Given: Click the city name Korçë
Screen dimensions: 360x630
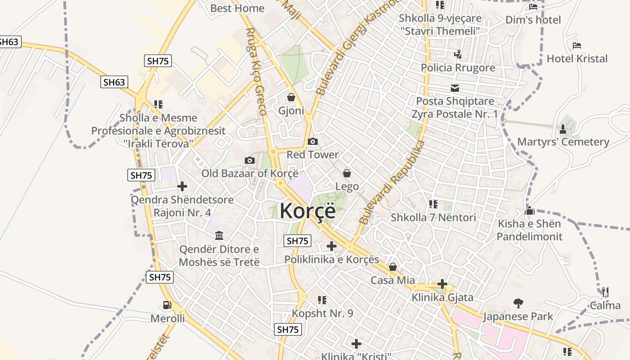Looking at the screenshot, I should [x=308, y=211].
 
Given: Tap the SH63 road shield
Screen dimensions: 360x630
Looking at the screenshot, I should [x=114, y=82].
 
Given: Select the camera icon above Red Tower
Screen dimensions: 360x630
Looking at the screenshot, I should [x=313, y=142].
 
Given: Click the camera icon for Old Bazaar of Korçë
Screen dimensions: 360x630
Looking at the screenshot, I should [x=249, y=160].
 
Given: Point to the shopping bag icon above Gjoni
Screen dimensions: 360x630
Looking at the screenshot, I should [x=291, y=97].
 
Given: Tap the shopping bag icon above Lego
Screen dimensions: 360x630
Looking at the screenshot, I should [x=347, y=173].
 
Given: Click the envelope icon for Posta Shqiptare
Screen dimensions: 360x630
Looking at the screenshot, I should [x=455, y=88].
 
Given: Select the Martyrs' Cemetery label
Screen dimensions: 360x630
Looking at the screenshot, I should [x=563, y=142].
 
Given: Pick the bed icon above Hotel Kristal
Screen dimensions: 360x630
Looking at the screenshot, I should [x=577, y=45].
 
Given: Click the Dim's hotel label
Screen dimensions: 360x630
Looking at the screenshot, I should [x=533, y=20].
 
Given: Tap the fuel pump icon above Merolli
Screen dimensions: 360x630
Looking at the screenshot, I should [x=167, y=305].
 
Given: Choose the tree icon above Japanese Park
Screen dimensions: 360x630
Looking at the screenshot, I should [x=518, y=303].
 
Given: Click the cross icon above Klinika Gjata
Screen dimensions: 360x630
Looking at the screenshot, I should [x=442, y=284].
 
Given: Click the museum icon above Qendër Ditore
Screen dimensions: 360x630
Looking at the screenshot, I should [x=219, y=235].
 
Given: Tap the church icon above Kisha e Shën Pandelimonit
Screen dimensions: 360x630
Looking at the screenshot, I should [x=530, y=211].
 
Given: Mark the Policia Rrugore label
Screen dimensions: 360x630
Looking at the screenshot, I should [x=458, y=67].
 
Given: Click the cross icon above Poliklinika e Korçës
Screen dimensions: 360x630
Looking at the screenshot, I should [x=332, y=246].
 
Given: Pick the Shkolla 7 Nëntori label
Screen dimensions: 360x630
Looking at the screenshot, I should [x=433, y=217].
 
